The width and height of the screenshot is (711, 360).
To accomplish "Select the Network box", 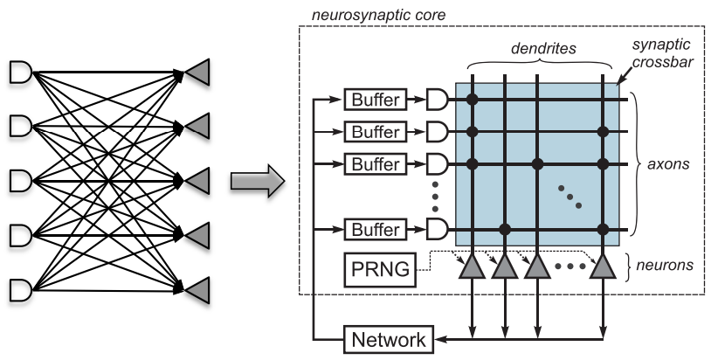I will (389, 339).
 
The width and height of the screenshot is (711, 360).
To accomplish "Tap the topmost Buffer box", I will (376, 100).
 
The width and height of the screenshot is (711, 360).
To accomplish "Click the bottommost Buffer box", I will (376, 230).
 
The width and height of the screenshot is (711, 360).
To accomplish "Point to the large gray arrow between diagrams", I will (256, 182).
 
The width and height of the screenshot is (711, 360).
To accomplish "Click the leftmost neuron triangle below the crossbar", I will (473, 268).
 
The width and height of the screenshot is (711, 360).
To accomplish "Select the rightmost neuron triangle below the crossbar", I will (602, 268).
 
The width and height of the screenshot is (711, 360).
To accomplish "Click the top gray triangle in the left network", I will (197, 73).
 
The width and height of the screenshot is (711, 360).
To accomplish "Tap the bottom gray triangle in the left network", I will (197, 287).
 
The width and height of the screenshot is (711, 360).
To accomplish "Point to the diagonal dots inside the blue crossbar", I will (569, 197).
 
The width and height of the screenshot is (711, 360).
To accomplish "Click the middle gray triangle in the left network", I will (197, 181).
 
